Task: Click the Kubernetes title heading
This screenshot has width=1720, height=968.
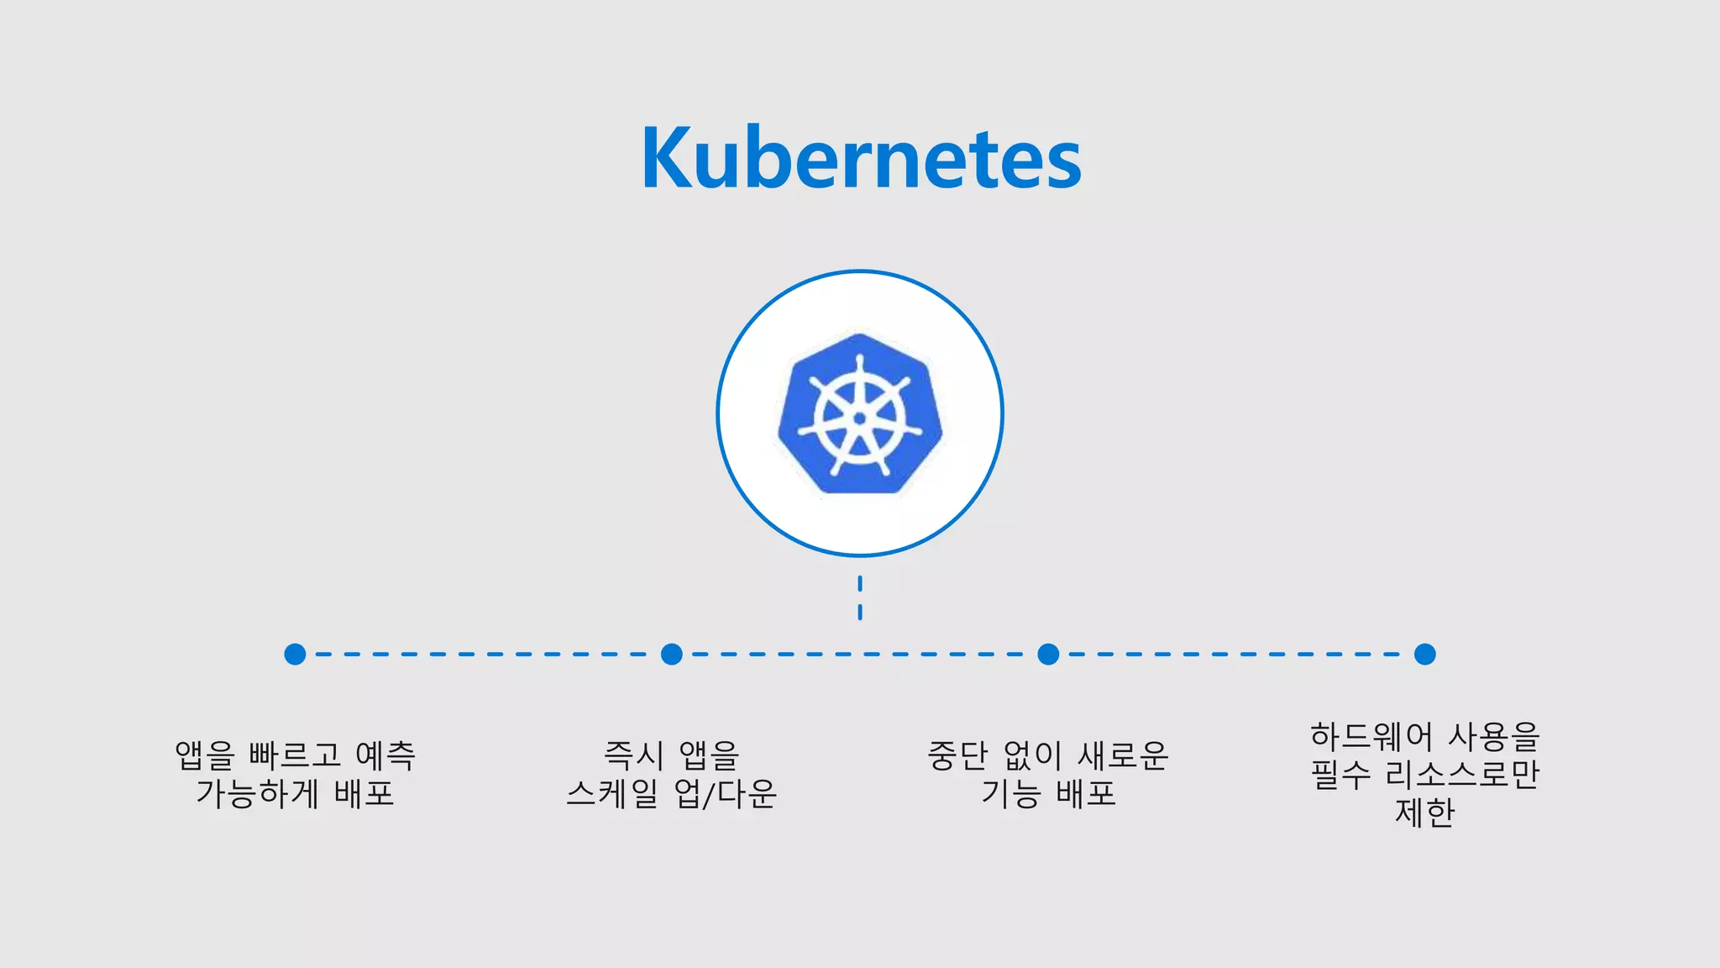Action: tap(861, 158)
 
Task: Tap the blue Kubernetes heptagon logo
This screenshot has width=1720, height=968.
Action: tap(860, 413)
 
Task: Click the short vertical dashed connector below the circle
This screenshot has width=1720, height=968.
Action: tap(860, 597)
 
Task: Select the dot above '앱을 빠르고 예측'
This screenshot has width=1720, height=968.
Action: tap(295, 654)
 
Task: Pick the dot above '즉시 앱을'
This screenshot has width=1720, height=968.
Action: tap(672, 654)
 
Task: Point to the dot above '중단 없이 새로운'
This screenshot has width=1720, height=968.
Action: tap(1048, 654)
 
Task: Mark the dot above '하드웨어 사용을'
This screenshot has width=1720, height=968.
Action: tap(1424, 654)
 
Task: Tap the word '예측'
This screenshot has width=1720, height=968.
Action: tap(385, 755)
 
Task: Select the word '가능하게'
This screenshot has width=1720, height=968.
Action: tap(257, 793)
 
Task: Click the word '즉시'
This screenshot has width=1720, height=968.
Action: tap(634, 755)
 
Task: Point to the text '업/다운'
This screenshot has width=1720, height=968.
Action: tap(726, 793)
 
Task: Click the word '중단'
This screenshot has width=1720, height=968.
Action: tap(957, 755)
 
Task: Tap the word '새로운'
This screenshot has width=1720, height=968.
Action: tap(1123, 755)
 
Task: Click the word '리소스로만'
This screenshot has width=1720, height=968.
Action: tap(1462, 774)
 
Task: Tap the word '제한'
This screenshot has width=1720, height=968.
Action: tap(1424, 813)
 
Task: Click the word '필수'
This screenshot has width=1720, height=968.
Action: tap(1341, 774)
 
